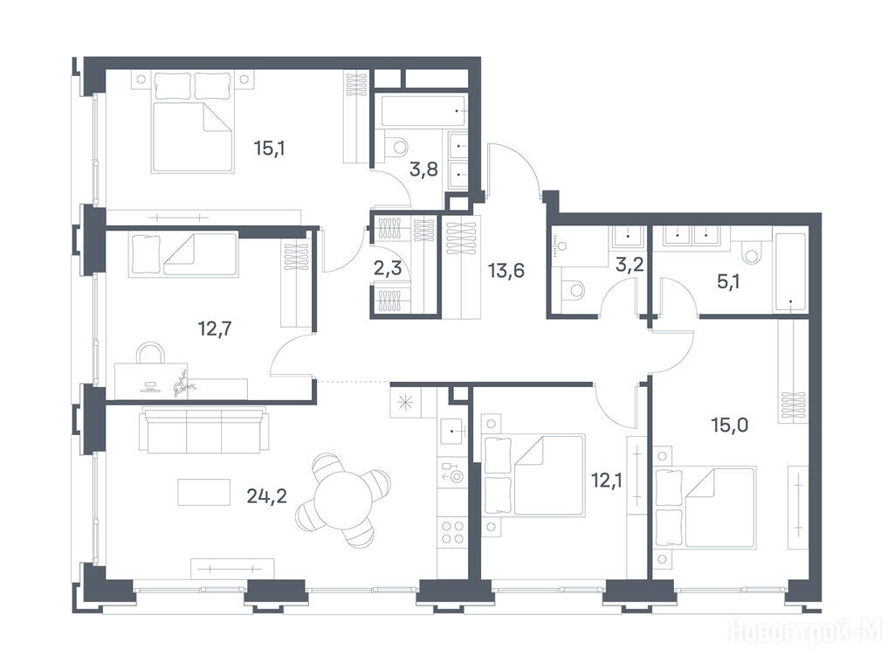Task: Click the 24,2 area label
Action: tap(267, 496)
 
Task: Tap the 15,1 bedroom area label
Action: tap(269, 149)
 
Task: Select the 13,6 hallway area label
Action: tap(506, 271)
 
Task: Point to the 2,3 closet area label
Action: tap(388, 267)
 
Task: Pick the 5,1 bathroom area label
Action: tap(728, 281)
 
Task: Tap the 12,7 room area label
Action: tap(215, 329)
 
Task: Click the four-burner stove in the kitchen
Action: tap(452, 532)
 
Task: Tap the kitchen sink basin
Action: tap(453, 432)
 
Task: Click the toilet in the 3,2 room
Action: tap(574, 289)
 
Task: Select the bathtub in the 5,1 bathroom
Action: tap(789, 273)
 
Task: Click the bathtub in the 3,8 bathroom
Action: tap(423, 111)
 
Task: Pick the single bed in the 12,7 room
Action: tap(183, 254)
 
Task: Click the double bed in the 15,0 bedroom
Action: tap(706, 508)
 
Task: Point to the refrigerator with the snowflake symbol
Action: tap(405, 402)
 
